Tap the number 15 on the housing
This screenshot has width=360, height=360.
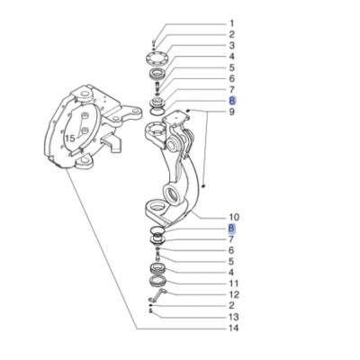point(68,139)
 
